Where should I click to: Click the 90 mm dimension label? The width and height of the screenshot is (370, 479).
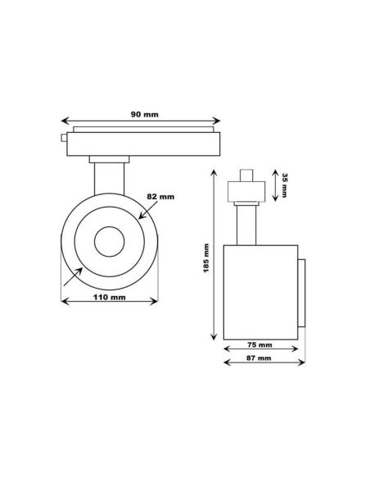tap(146, 114)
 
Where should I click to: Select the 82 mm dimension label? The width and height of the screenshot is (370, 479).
tap(160, 198)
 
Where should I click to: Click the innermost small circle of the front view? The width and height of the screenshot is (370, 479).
tap(108, 244)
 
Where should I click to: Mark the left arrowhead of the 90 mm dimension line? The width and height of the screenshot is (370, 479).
tap(65, 121)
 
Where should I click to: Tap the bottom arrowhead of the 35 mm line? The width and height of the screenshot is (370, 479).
tap(272, 201)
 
